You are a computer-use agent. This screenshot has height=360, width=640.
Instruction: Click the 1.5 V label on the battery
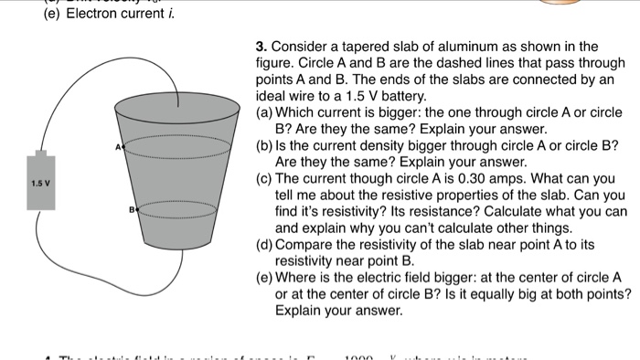tap(40, 183)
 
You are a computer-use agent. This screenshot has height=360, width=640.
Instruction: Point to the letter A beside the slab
tap(118, 145)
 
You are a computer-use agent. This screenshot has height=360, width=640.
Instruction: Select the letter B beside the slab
tap(133, 209)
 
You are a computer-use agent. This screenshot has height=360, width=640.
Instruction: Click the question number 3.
tap(261, 47)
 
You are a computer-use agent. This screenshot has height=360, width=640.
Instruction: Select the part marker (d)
tap(264, 244)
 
